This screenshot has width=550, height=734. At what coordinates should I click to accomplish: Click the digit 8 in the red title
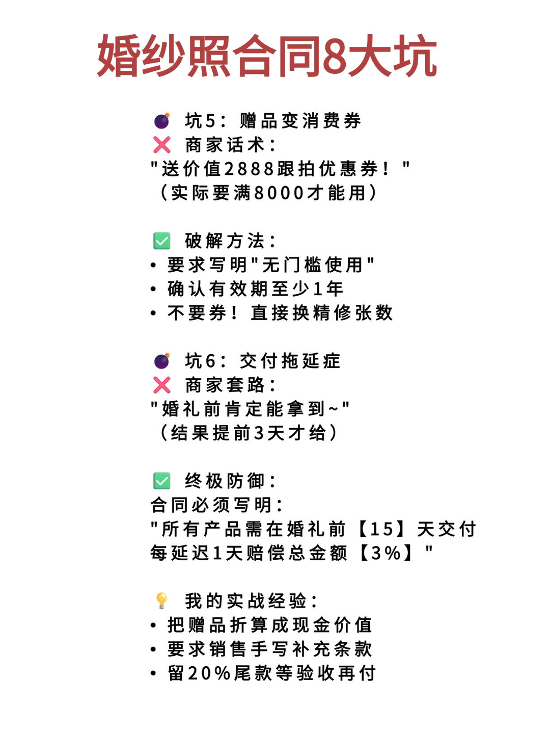click(x=335, y=56)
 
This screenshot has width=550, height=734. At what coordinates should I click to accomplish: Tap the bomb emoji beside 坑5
click(x=162, y=121)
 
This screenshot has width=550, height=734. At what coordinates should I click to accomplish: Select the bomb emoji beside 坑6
click(x=162, y=361)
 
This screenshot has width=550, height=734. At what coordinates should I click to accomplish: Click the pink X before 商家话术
click(x=162, y=145)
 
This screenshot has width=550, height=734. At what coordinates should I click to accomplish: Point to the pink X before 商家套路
click(x=162, y=385)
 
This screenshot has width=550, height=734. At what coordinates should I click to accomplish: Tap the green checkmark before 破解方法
click(x=162, y=241)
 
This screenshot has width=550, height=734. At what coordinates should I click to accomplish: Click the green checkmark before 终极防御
click(x=162, y=481)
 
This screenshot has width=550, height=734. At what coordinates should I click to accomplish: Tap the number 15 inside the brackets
click(x=382, y=530)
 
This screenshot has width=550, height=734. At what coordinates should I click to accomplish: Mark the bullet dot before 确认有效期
click(x=153, y=290)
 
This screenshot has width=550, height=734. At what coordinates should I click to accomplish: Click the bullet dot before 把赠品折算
click(x=153, y=625)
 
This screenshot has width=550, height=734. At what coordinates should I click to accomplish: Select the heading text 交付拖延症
click(x=290, y=361)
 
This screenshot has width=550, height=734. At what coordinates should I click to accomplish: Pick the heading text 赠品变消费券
click(x=300, y=121)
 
